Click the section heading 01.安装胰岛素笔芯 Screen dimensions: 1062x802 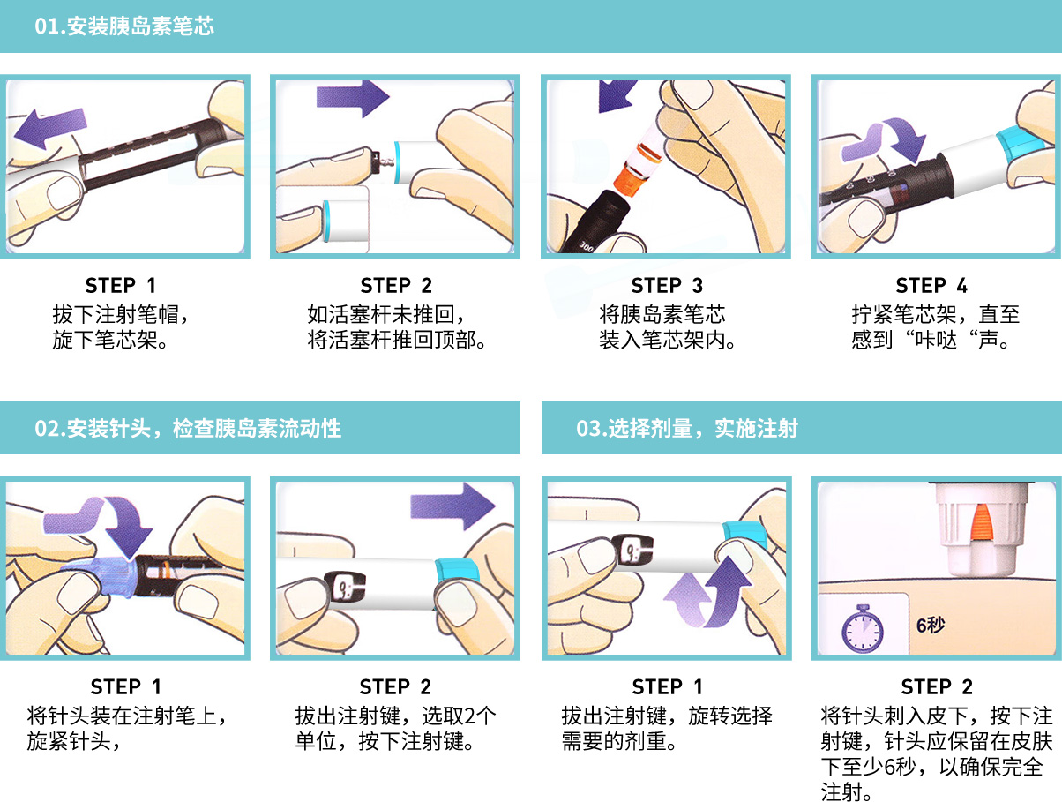(x=123, y=26)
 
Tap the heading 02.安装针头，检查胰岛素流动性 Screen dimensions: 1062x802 (x=188, y=428)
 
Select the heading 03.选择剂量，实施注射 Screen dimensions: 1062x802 (x=686, y=428)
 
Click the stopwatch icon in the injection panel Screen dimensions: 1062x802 (x=862, y=628)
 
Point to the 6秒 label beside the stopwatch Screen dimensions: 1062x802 (x=931, y=625)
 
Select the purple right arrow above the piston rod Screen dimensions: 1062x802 (x=353, y=98)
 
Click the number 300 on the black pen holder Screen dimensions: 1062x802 (x=586, y=247)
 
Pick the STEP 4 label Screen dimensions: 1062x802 (x=931, y=285)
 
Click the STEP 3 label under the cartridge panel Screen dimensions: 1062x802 (x=667, y=285)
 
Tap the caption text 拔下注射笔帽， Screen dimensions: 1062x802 (x=121, y=314)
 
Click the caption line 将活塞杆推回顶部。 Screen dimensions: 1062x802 (x=397, y=340)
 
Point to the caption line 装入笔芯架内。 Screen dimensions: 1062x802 (x=668, y=340)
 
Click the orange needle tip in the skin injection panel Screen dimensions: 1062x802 (x=982, y=522)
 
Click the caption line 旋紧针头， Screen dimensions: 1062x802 (x=73, y=741)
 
